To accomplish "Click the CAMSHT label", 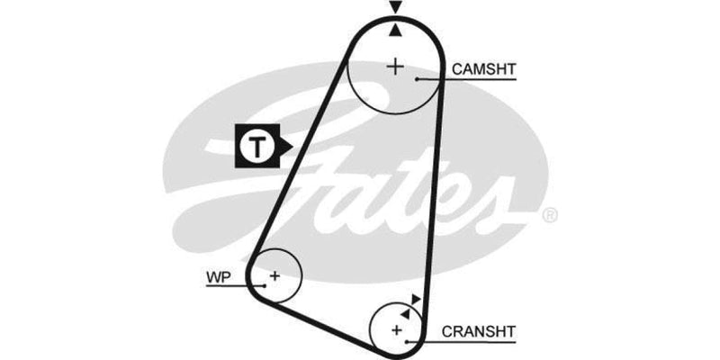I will (484, 68).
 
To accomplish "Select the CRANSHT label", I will (478, 331).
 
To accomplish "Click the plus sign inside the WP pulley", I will (275, 274).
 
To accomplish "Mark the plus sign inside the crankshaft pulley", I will (396, 330).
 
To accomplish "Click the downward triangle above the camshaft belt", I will (394, 8).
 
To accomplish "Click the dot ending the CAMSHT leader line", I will (418, 80).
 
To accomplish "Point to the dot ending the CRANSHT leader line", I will (409, 343).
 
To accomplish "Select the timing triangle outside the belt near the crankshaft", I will (415, 299).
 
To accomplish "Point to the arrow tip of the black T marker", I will (286, 144).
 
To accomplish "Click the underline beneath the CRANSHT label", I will (479, 343).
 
